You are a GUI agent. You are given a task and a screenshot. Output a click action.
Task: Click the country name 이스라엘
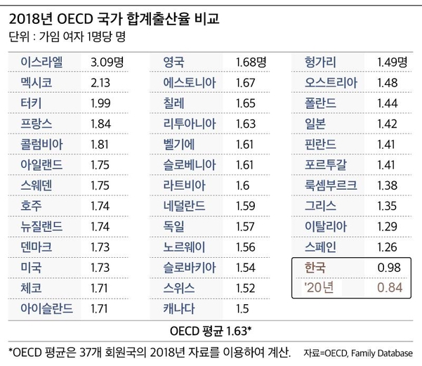[41, 63]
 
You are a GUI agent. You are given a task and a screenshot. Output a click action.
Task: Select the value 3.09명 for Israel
[107, 63]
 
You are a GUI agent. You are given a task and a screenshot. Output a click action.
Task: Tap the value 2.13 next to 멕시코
[100, 83]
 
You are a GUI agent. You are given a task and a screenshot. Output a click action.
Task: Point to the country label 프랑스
[37, 124]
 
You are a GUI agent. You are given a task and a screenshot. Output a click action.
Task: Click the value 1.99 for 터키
[100, 103]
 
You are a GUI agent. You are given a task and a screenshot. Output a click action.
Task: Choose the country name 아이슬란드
[47, 308]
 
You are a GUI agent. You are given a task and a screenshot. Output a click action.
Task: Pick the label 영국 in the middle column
[173, 63]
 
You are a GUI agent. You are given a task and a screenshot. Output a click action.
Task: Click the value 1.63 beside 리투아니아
[246, 124]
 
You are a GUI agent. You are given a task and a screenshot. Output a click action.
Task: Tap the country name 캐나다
[179, 308]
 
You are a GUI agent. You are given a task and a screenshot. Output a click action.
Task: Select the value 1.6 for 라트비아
[242, 185]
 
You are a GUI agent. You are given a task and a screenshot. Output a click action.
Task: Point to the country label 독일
[173, 226]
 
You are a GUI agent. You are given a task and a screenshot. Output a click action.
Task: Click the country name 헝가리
[320, 63]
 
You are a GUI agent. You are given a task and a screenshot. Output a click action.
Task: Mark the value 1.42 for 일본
[388, 124]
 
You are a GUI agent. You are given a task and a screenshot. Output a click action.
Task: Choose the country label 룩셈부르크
[331, 185]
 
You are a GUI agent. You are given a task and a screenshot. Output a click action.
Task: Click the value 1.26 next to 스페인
[388, 247]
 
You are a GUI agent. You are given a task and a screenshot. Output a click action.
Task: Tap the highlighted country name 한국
[315, 268]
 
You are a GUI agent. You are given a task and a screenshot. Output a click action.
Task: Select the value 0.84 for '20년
[390, 287]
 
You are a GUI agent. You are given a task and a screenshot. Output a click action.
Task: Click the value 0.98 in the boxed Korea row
[389, 268]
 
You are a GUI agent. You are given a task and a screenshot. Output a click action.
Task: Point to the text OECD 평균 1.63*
[211, 331]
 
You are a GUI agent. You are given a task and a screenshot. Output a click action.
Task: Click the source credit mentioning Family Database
[358, 353]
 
